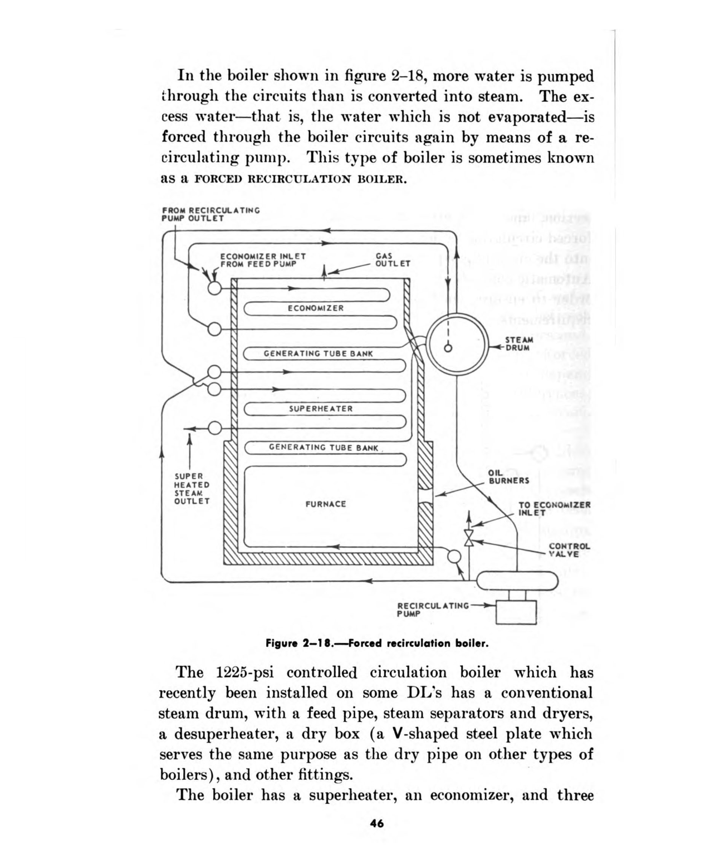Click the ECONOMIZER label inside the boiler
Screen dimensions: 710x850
pos(316,308)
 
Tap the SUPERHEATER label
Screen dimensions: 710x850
pos(321,409)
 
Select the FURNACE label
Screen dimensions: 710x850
pos(326,504)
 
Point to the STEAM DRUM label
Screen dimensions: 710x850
pos(519,343)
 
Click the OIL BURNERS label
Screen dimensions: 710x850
pos(509,476)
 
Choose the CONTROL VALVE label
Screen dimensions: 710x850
pos(570,550)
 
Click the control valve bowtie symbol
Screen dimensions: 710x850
pos(469,538)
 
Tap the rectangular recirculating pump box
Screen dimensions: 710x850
pos(516,612)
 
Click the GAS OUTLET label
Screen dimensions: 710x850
pos(393,260)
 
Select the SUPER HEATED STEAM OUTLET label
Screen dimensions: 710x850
pos(192,489)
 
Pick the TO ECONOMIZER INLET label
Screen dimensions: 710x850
pos(555,509)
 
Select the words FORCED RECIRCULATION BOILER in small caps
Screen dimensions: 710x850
pos(301,179)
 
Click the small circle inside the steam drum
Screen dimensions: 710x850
pos(448,348)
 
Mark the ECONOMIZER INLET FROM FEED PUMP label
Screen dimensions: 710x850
pos(263,260)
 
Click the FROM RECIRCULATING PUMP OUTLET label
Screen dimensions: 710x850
pos(210,214)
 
